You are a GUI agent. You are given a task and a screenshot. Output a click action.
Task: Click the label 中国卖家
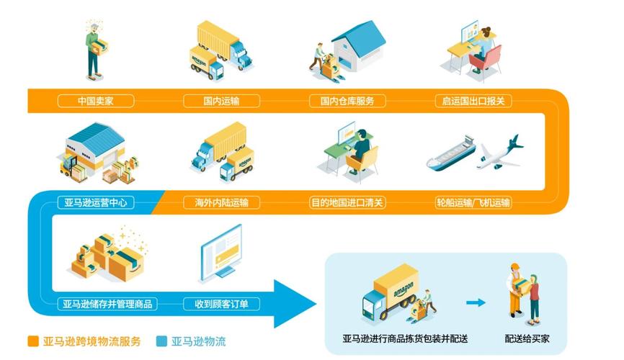tap(95, 101)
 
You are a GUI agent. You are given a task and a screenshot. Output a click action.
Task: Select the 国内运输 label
tap(220, 101)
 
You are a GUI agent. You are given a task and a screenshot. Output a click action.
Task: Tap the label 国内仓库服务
tap(347, 101)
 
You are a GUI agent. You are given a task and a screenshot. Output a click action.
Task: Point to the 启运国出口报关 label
tap(473, 101)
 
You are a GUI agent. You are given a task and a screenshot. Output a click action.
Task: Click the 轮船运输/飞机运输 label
tap(473, 203)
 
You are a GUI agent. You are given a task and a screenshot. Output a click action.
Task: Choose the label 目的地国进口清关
tap(347, 203)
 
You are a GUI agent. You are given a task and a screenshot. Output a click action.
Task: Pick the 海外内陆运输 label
tap(220, 203)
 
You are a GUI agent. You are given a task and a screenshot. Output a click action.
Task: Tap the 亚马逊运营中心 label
tap(95, 203)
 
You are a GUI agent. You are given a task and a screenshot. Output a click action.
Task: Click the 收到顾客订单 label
tap(220, 304)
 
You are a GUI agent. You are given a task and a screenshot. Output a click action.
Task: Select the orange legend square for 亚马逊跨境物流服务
tap(33, 341)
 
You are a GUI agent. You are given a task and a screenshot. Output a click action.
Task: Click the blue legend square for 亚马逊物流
tap(161, 341)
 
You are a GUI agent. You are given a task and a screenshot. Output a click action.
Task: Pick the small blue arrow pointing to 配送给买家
tap(476, 302)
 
